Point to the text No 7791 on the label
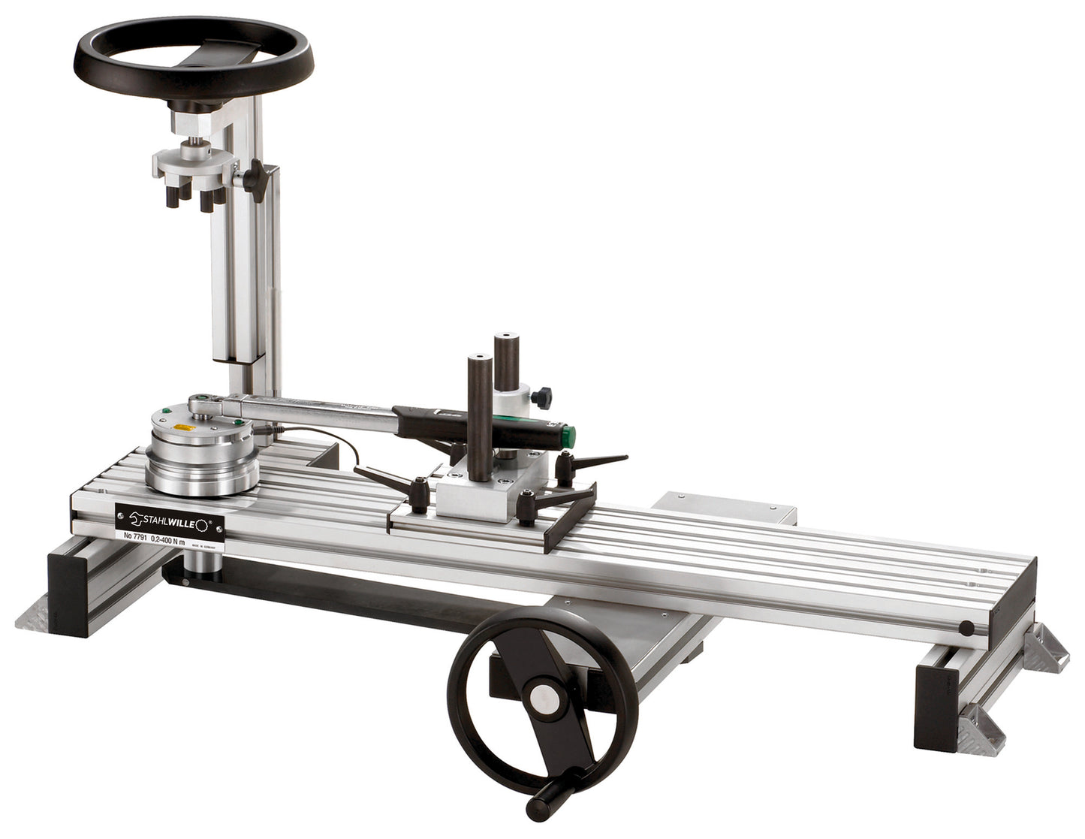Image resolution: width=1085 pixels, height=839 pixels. pyautogui.click(x=131, y=536)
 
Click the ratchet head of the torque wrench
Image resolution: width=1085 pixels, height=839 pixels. pyautogui.click(x=205, y=403)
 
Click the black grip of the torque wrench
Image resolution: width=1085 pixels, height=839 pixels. pyautogui.click(x=481, y=424)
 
